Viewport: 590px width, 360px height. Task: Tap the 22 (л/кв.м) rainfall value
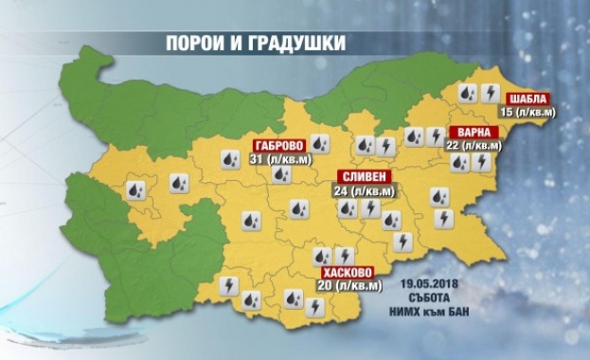click(470, 147)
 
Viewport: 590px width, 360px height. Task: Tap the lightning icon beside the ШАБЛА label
click(491, 93)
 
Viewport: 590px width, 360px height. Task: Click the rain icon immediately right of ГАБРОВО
click(321, 145)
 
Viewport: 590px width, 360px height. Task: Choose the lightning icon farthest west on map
click(228, 283)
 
